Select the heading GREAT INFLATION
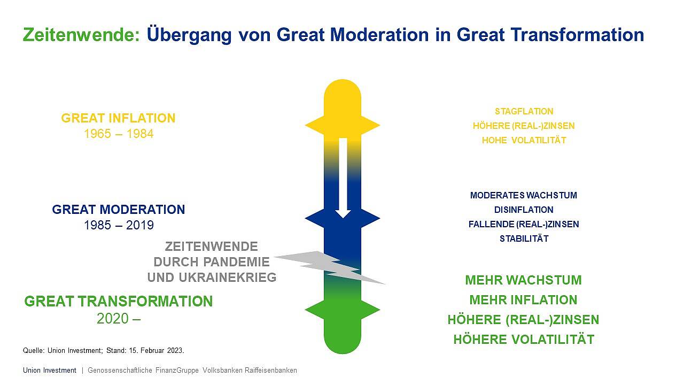[x=119, y=118]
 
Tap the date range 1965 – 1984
[x=119, y=134]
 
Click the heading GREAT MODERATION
[x=119, y=210]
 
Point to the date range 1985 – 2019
[x=119, y=225]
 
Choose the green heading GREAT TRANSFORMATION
[x=119, y=301]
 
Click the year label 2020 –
[x=119, y=319]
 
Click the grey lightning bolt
[x=329, y=267]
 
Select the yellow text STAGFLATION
[x=524, y=111]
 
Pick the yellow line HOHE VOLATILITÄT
[x=524, y=140]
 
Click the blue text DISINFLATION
[x=524, y=210]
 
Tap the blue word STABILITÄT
[x=524, y=238]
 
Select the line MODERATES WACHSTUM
[x=524, y=195]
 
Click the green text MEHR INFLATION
[x=523, y=300]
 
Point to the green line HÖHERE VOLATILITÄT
[x=524, y=339]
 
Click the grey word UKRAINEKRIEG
[x=228, y=278]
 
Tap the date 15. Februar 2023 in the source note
[x=156, y=350]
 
